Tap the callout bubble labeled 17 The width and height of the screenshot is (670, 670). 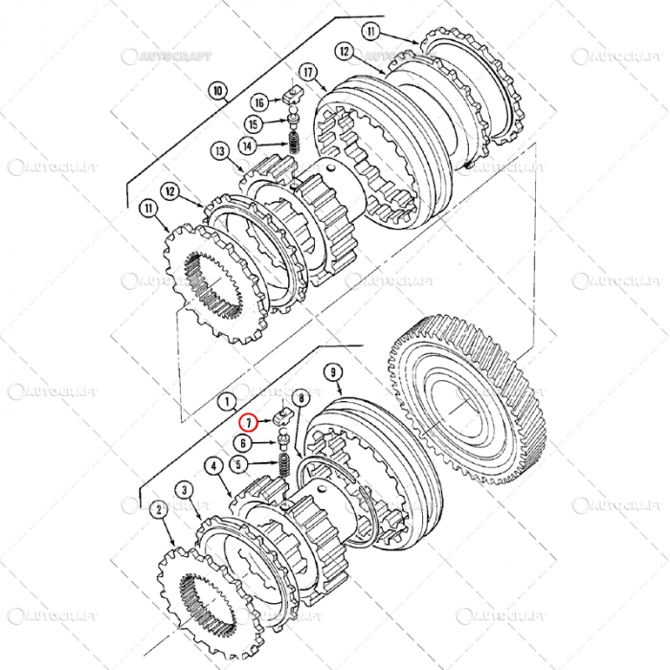pos(308,71)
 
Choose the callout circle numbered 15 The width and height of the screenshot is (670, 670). pos(253,124)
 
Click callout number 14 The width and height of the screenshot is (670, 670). pos(248,146)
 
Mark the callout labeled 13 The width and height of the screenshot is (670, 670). pos(220,152)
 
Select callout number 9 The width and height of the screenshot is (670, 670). pos(333,371)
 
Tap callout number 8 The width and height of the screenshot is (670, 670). pos(301,396)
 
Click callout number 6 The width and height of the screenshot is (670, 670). pos(244,443)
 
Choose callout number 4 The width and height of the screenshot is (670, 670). pos(213,465)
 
